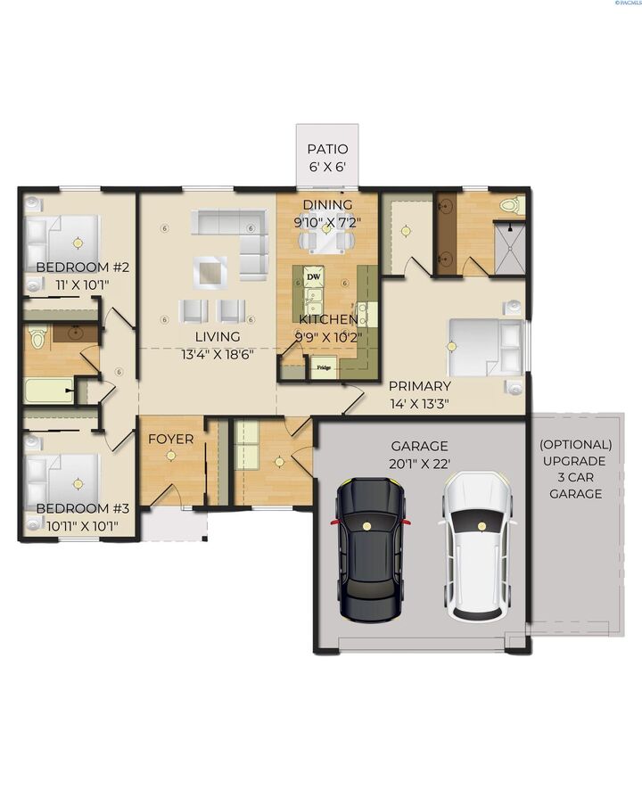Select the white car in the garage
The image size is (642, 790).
[479, 546]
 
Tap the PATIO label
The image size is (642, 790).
[327, 150]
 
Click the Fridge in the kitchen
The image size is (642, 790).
[324, 366]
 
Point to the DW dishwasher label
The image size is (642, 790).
[314, 277]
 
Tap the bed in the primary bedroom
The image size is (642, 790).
[487, 347]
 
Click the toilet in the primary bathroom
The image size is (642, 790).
[510, 205]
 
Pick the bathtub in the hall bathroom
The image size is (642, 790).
[49, 391]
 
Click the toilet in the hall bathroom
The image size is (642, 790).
[37, 338]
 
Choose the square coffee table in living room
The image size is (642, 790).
[210, 271]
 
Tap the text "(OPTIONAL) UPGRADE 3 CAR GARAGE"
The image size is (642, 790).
[576, 468]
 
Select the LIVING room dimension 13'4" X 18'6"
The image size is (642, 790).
[218, 353]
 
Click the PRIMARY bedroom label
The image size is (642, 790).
[419, 386]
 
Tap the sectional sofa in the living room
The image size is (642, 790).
[236, 234]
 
